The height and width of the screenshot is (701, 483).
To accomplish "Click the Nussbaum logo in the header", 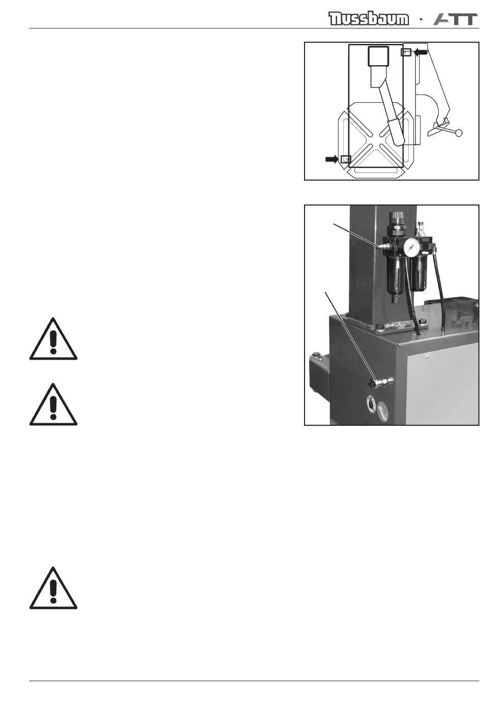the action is point(368,19).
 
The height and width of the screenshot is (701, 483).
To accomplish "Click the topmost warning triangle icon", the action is point(53,339).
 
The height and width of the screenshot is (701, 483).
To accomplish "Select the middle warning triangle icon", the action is point(53,404).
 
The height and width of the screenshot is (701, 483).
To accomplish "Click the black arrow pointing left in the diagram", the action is point(420,52).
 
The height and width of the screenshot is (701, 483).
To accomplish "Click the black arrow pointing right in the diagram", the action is point(332,159).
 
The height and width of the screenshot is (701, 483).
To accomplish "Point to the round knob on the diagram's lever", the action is point(458,133).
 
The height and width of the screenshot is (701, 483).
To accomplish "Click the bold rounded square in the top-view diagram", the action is point(378,56).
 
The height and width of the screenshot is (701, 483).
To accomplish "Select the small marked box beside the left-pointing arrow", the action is point(406,52).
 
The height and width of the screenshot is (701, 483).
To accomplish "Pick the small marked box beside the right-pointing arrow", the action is point(345,159).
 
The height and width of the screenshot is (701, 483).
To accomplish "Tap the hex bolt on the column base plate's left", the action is point(380,327).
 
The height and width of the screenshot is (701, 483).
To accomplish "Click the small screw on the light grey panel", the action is point(427,356).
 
